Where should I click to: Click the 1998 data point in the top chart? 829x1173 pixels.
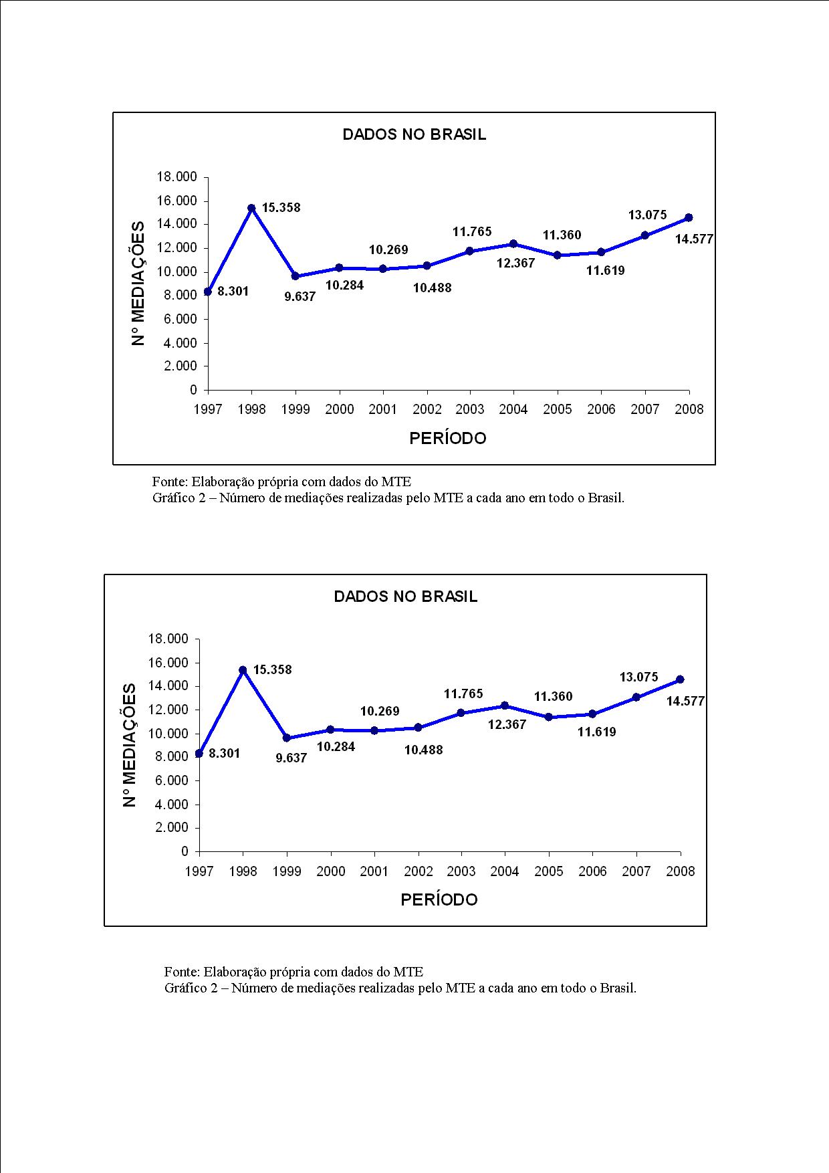click(251, 208)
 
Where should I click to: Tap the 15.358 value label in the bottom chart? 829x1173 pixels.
click(272, 669)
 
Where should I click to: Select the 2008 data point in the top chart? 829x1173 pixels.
click(689, 217)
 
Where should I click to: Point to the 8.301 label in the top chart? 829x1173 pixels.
click(233, 292)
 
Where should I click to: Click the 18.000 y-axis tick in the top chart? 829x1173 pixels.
click(176, 177)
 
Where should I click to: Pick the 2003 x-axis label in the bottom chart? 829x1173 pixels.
click(461, 871)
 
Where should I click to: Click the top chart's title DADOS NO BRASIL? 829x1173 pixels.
click(414, 134)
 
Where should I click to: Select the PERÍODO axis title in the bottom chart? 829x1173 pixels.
click(439, 900)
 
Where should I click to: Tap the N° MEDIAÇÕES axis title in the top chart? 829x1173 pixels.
click(138, 283)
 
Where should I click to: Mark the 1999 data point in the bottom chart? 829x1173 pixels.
click(287, 738)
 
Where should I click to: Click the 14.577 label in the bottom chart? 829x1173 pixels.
click(685, 701)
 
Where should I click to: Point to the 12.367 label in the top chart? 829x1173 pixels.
click(515, 263)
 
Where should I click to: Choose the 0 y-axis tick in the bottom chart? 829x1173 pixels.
click(185, 851)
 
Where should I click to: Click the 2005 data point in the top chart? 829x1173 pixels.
click(557, 255)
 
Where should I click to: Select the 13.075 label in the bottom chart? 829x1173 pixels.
click(638, 677)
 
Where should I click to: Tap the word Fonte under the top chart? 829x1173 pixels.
click(169, 482)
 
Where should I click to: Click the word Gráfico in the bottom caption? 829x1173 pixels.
click(186, 988)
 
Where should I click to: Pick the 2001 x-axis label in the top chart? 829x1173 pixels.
click(382, 409)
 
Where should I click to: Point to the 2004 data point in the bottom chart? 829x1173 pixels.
click(505, 706)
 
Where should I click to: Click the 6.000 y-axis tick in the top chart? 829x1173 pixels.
click(180, 320)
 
